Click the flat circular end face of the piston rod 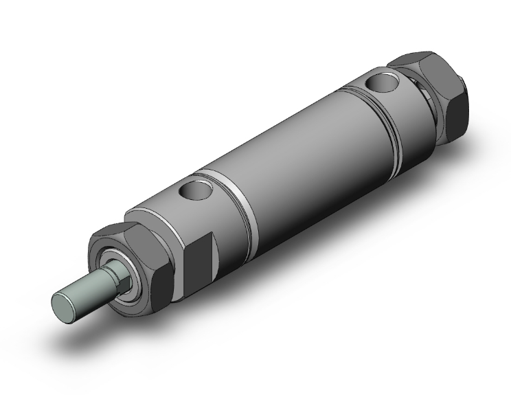click(64, 302)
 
